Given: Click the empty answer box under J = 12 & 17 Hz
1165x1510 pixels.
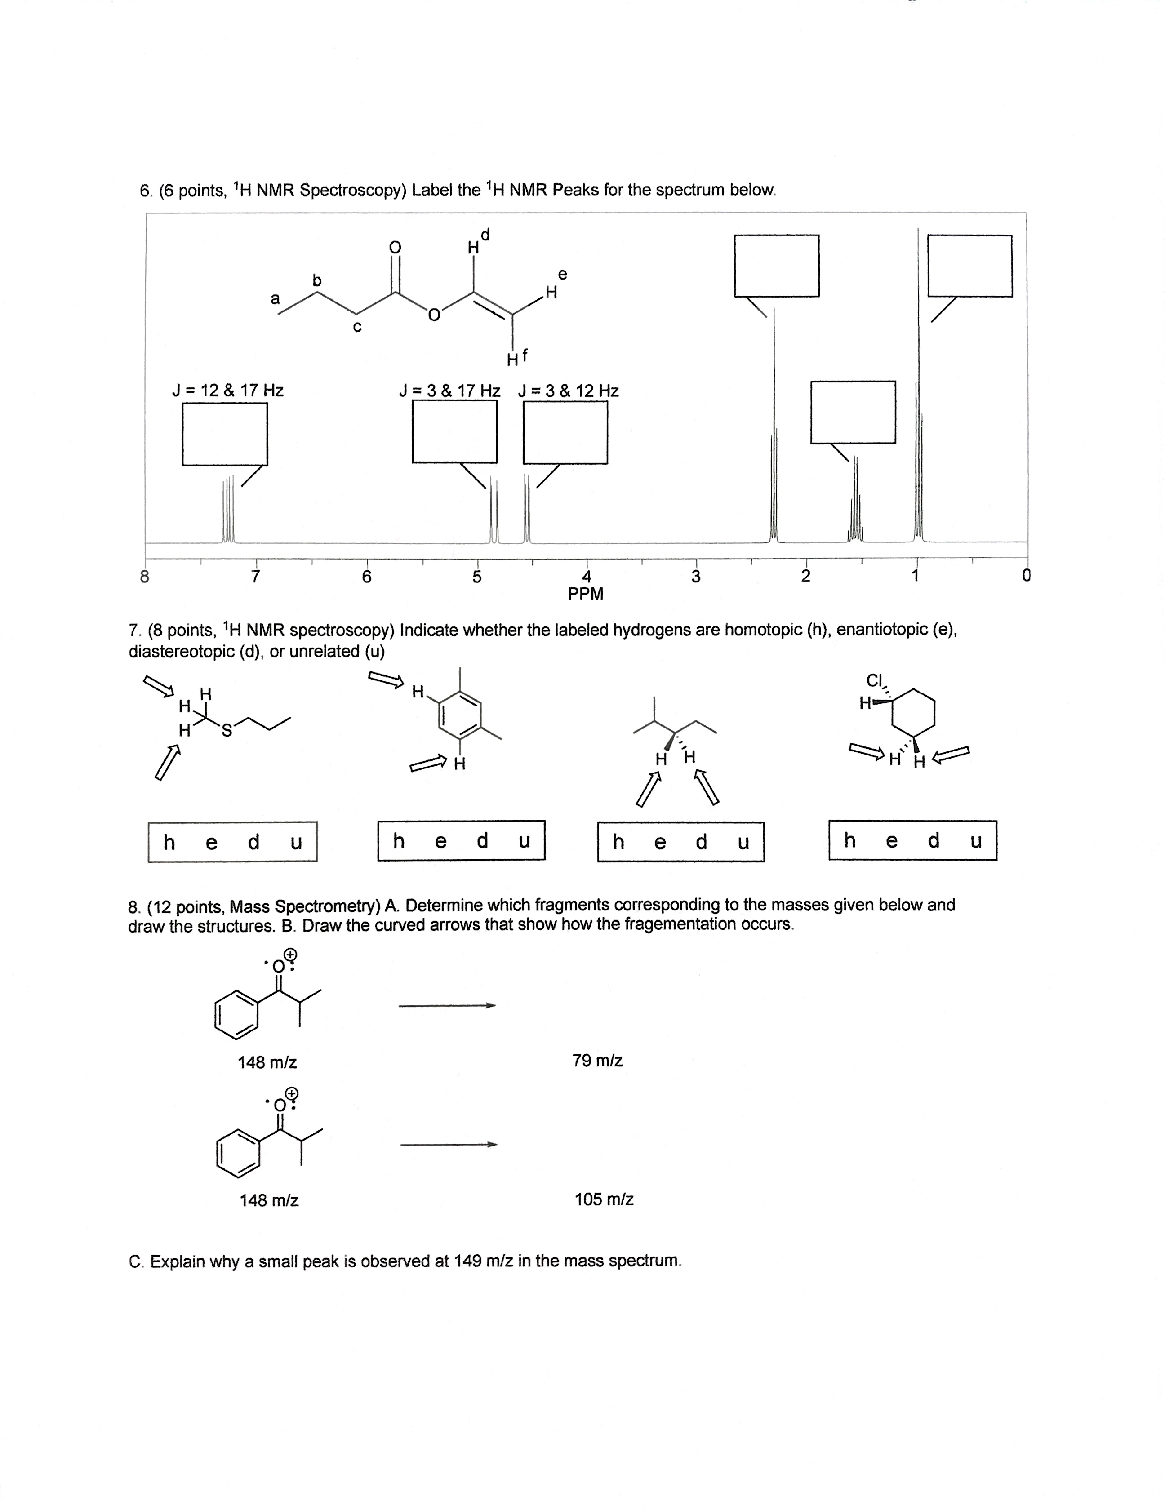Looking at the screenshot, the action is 225,434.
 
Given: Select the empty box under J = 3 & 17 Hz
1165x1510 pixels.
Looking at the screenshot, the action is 454,431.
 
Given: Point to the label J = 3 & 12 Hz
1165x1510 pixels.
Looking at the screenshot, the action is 568,391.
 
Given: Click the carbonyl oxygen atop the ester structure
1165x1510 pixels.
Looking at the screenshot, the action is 395,247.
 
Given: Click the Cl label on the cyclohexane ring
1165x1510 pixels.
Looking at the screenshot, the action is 875,680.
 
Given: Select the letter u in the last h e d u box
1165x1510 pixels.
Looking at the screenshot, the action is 976,841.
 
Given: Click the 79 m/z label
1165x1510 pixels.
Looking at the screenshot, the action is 597,1060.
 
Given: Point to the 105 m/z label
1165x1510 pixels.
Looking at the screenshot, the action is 604,1199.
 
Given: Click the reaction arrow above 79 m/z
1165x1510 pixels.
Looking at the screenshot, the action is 447,1005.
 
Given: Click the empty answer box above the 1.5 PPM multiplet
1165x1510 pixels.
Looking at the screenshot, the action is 853,412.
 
